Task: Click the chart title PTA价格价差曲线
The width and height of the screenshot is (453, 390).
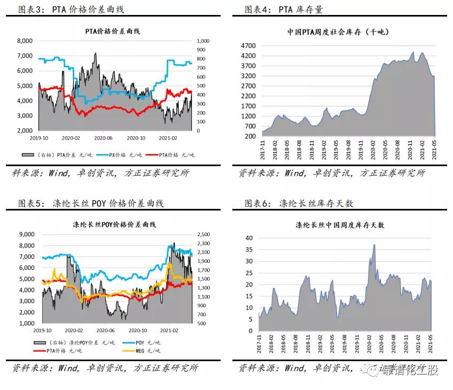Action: pos(113,31)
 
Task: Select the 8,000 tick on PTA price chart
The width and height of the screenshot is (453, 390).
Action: pos(25,41)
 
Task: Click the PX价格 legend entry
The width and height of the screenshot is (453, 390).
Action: pos(121,155)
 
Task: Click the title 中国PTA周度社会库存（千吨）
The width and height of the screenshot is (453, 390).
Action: pos(338,32)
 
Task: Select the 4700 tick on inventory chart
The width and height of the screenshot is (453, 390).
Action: pos(249,46)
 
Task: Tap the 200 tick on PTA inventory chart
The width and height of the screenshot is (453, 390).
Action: pos(251,136)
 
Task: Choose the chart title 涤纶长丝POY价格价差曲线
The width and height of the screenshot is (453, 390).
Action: pos(113,224)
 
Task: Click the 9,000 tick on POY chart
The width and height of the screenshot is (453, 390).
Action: pos(25,234)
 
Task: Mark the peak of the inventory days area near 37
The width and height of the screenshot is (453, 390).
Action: pos(374,245)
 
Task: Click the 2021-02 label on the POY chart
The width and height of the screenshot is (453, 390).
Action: pos(169,331)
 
